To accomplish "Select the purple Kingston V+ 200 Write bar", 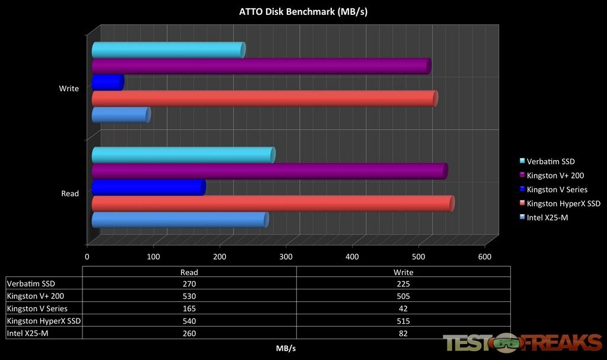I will point(261,66).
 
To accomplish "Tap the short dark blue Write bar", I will point(107,82).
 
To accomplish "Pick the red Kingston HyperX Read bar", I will point(273,203).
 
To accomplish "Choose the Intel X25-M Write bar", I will point(121,114).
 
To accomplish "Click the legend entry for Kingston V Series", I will point(557,190).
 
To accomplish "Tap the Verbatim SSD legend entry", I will point(550,161).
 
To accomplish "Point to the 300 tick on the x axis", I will point(286,257).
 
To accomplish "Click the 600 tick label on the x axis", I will point(484,257).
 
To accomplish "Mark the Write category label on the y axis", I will point(69,89).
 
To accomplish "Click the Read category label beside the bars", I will point(70,193).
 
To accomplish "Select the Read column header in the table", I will point(189,272).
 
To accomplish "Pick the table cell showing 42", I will point(403,308).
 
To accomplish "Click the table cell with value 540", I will point(189,321).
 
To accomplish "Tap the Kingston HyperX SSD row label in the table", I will point(43,321).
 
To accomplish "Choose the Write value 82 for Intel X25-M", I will point(403,333).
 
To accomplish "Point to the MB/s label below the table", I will point(287,348).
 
